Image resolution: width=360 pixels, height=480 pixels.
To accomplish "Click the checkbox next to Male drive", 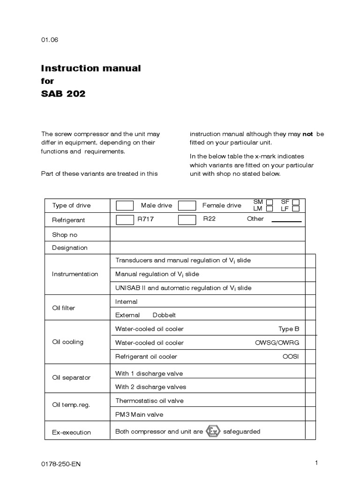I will coord(125,205).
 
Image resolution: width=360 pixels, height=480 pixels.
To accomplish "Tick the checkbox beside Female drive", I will coord(187,205).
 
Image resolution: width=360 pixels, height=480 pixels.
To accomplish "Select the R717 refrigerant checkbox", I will coord(125,220).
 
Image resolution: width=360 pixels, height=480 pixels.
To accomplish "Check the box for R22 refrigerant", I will coord(187,220).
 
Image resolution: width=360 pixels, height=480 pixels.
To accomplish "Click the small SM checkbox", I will coord(270,202).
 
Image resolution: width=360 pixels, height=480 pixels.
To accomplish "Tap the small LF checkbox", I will coord(296,209).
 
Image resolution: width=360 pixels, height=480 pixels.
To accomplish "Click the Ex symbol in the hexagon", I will coord(213,432).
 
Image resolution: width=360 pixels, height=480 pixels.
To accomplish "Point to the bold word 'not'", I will coord(307,134).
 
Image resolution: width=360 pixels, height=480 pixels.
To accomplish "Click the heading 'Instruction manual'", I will coord(91,68).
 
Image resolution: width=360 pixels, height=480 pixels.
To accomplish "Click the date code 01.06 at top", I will coord(50,40).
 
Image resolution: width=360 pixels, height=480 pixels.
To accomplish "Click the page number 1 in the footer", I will coord(316,463).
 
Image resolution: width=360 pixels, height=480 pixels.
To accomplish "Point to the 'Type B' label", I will coord(289,329).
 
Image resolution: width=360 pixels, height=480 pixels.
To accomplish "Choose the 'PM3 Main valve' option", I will coord(139,414).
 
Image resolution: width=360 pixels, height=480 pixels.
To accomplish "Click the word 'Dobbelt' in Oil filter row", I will coord(164,315).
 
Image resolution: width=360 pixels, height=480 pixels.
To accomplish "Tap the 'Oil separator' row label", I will coord(71,377).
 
